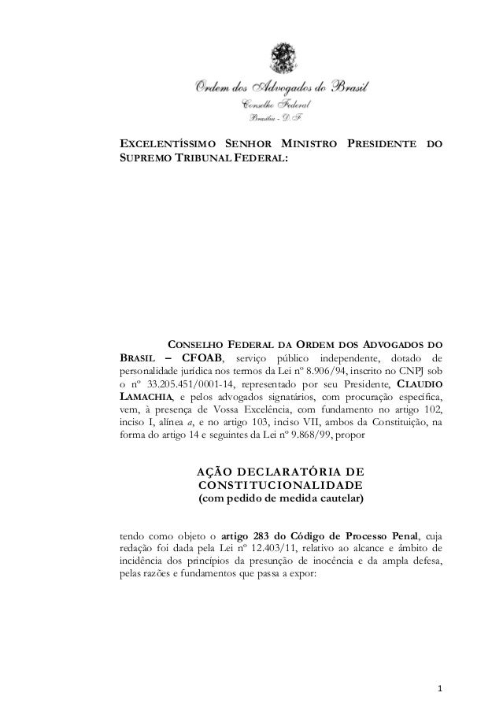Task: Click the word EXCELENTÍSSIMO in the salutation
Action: coord(165,146)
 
